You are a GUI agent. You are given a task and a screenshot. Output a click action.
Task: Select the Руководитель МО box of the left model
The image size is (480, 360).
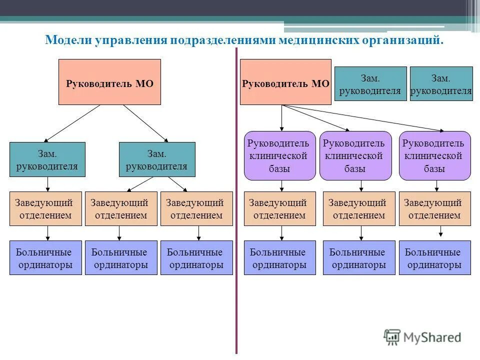[x=109, y=82]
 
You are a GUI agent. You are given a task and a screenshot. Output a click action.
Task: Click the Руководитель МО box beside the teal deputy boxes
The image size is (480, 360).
[x=285, y=82]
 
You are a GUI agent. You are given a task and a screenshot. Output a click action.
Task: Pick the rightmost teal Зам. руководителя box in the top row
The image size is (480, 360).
[x=441, y=84]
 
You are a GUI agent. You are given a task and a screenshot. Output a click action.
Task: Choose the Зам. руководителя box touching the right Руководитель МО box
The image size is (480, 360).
[x=370, y=84]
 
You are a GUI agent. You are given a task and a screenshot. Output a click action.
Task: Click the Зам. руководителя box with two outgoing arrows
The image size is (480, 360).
[x=157, y=159]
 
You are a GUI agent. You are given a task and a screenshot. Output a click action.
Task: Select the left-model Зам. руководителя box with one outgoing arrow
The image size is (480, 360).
[x=47, y=159]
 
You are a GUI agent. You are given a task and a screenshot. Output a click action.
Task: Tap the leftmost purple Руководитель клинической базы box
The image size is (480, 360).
[x=279, y=155]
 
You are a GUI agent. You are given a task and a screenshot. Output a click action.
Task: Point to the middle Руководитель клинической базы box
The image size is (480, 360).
[x=355, y=155]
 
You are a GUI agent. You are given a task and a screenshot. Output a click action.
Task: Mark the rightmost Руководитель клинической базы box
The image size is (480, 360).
[x=434, y=155]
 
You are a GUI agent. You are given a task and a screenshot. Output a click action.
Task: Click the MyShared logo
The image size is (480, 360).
[x=422, y=337]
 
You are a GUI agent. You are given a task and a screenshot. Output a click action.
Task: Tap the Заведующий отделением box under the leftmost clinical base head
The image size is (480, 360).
[x=279, y=208]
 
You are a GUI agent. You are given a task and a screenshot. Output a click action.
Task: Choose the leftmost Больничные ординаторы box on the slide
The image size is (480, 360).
[x=45, y=258]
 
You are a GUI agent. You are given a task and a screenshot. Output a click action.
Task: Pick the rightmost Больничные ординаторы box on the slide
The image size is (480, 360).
[x=434, y=258]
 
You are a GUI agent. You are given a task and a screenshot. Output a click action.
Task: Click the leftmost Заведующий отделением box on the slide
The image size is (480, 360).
[x=45, y=208]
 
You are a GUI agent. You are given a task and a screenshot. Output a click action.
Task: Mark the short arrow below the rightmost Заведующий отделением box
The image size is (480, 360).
[x=440, y=231]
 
